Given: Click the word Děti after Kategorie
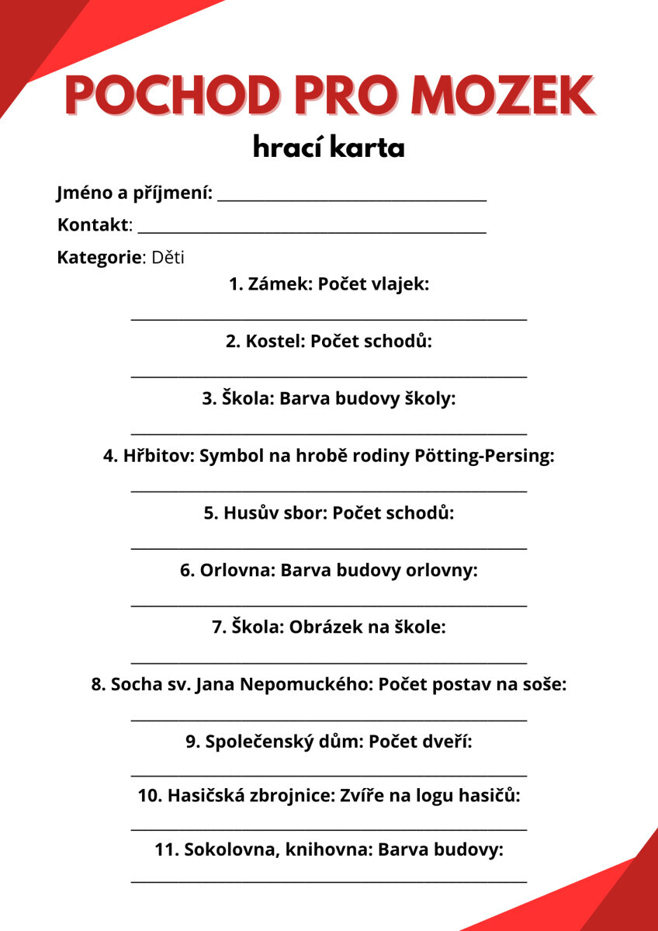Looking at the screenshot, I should point(168,258).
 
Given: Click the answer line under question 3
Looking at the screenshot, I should point(329,432).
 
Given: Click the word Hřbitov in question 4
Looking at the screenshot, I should point(158,456).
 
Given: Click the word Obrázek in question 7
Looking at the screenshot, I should point(320,627).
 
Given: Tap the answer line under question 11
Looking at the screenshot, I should point(329,882).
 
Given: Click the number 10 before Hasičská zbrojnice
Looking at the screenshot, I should point(149,796).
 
